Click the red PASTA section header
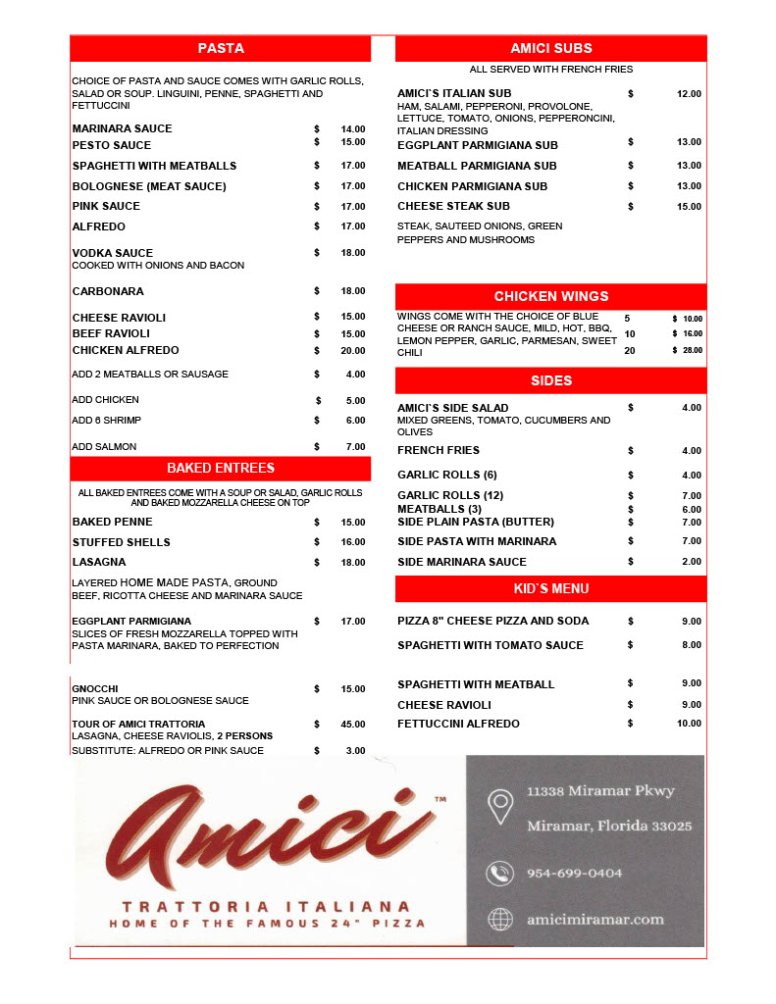(221, 48)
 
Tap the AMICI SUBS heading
(550, 48)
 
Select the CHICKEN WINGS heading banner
(550, 296)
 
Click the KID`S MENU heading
(550, 588)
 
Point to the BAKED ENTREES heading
(221, 468)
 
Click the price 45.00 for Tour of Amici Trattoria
(352, 725)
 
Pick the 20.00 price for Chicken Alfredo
(352, 350)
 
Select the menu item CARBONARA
(108, 291)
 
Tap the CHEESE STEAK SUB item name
(453, 207)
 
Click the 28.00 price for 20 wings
(693, 350)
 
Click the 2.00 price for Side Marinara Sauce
(691, 562)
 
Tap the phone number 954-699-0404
(574, 873)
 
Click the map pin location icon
(501, 807)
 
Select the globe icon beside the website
(500, 919)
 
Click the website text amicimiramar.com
(595, 919)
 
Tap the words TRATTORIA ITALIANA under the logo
(266, 907)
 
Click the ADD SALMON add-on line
(104, 447)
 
